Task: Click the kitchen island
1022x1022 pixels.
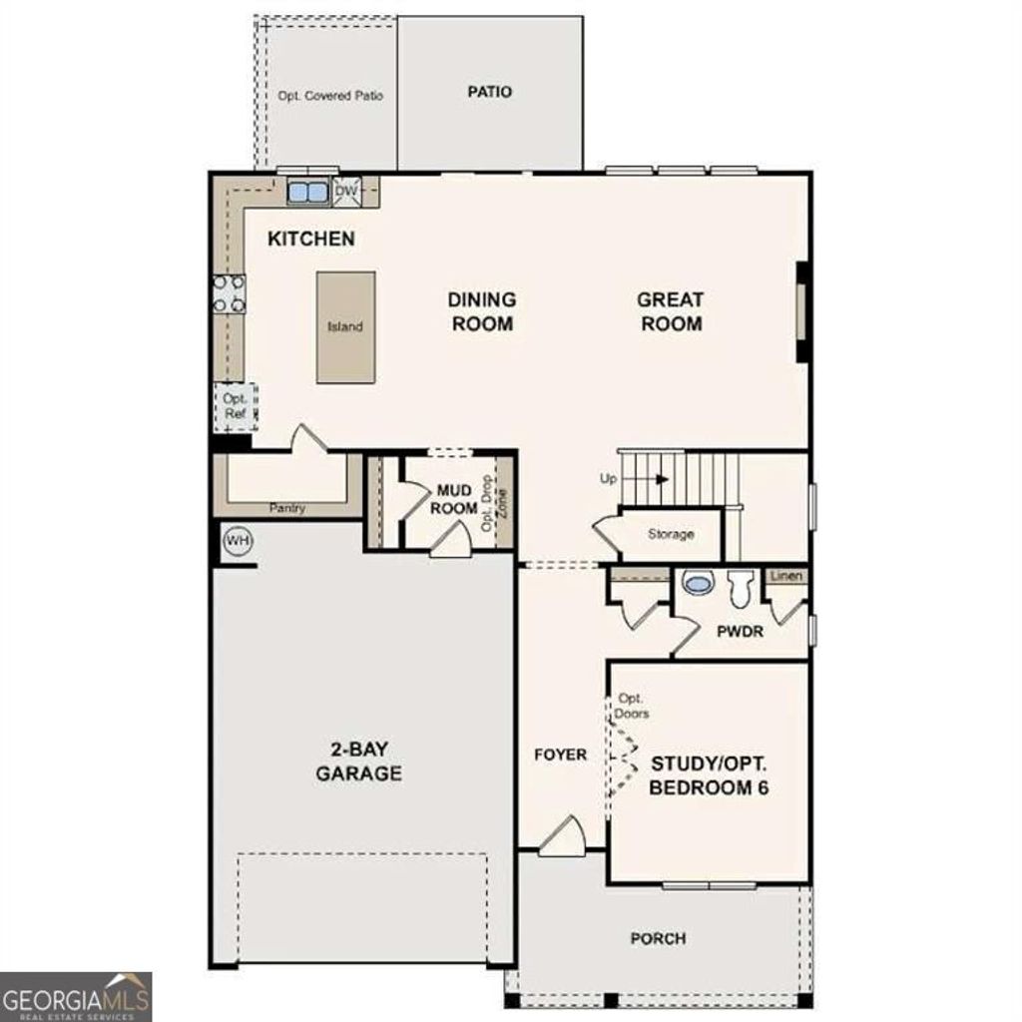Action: pyautogui.click(x=346, y=327)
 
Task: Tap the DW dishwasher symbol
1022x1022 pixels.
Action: pyautogui.click(x=346, y=191)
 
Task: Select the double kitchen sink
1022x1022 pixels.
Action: pyautogui.click(x=307, y=191)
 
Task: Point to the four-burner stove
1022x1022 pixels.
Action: pyautogui.click(x=229, y=293)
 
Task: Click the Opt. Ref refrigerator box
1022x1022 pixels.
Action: pyautogui.click(x=237, y=405)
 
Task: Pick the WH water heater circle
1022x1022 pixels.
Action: pyautogui.click(x=238, y=541)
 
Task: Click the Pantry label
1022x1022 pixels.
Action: pyautogui.click(x=286, y=509)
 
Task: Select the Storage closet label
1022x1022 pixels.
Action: pyautogui.click(x=671, y=534)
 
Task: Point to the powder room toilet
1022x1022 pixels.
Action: pyautogui.click(x=740, y=589)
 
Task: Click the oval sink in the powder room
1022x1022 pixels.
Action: pyautogui.click(x=696, y=582)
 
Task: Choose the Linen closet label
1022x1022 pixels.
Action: pyautogui.click(x=786, y=577)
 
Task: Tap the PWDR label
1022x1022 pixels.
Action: pyautogui.click(x=740, y=632)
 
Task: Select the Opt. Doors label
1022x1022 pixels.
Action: pyautogui.click(x=633, y=706)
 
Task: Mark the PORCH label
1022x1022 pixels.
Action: pyautogui.click(x=658, y=938)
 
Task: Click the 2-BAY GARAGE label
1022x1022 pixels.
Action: pyautogui.click(x=359, y=762)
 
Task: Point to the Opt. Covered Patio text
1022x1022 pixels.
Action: pyautogui.click(x=330, y=96)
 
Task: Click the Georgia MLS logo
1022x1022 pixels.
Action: pyautogui.click(x=76, y=996)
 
